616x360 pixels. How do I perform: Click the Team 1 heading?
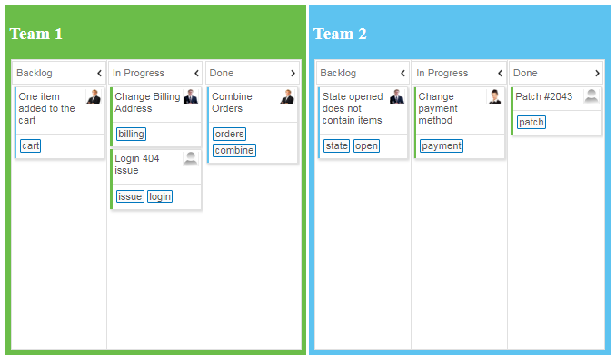point(36,34)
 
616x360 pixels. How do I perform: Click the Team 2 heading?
point(340,34)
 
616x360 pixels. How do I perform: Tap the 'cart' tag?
point(31,145)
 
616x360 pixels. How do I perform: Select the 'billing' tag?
point(131,134)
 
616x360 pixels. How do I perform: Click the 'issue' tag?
point(130,196)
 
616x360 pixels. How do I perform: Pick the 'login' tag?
point(160,196)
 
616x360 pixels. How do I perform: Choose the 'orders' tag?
point(229,134)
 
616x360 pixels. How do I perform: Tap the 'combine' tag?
point(234,150)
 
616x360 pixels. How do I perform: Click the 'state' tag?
point(336,145)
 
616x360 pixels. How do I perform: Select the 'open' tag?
point(366,145)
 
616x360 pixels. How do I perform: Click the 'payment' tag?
point(442,145)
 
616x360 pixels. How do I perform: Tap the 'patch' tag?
point(531,122)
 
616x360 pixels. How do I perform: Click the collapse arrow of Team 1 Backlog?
point(99,73)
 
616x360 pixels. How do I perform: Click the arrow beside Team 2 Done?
point(597,73)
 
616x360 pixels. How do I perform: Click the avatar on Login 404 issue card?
point(191,158)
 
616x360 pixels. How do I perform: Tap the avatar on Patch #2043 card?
point(591,95)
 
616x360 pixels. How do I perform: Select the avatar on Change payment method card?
point(494,96)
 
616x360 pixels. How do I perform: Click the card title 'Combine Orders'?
point(232,102)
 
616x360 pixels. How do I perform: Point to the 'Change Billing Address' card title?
point(146,102)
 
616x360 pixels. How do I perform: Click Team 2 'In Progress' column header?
point(442,73)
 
